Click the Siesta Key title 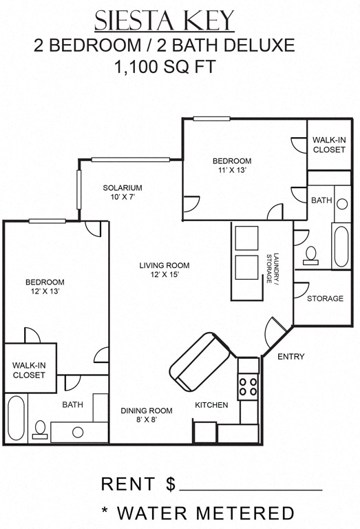(165, 21)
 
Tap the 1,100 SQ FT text (165, 68)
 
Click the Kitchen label (211, 405)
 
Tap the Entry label (290, 356)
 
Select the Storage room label (325, 298)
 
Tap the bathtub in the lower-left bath (16, 418)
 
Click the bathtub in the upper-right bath (341, 246)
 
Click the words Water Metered (207, 513)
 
